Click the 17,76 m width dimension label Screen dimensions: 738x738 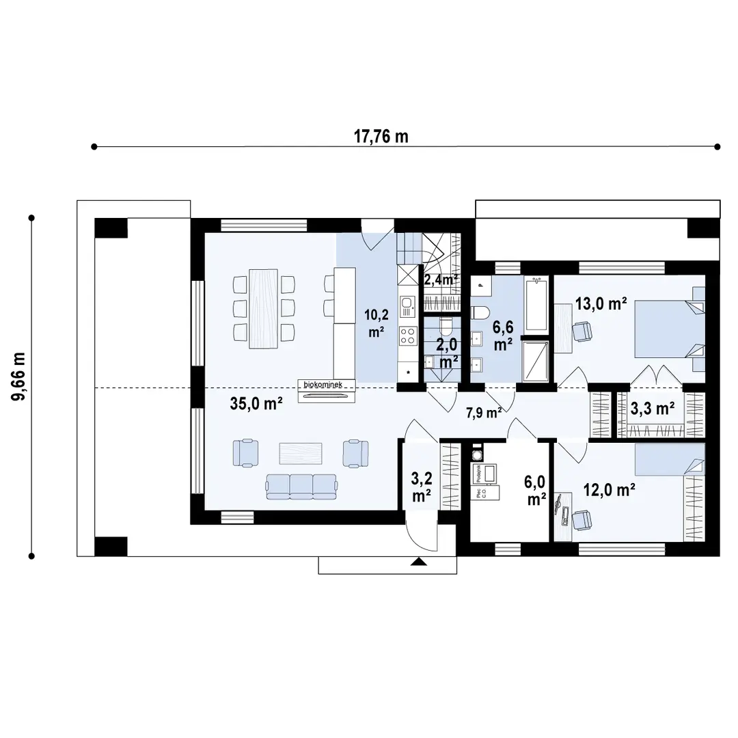[381, 136]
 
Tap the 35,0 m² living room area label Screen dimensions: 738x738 [256, 404]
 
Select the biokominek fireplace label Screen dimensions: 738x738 [328, 385]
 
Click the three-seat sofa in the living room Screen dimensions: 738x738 [301, 485]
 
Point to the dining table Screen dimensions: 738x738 [264, 308]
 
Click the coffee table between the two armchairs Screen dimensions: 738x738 [301, 453]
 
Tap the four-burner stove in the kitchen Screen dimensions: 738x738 [408, 336]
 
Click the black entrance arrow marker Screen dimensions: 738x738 [418, 562]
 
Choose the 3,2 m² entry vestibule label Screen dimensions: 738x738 [422, 486]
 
